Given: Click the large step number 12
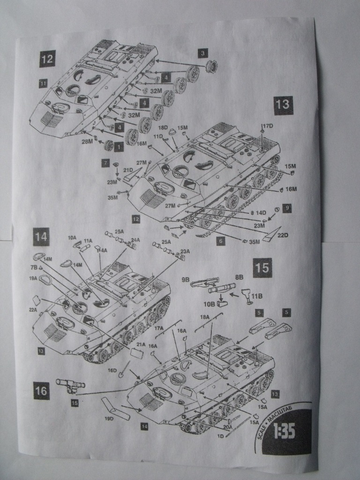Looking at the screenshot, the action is point(47,60).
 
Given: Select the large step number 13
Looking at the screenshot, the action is point(283,105).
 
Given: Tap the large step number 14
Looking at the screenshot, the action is point(41,237).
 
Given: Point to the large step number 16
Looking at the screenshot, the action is point(41,391).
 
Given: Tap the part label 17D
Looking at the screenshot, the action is point(267,126).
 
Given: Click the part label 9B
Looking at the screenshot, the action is point(184,280).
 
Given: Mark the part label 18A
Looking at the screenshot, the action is point(205,317).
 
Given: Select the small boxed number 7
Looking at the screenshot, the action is point(106,163).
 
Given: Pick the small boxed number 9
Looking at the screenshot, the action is point(287,207).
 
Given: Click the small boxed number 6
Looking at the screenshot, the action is point(222,240).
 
